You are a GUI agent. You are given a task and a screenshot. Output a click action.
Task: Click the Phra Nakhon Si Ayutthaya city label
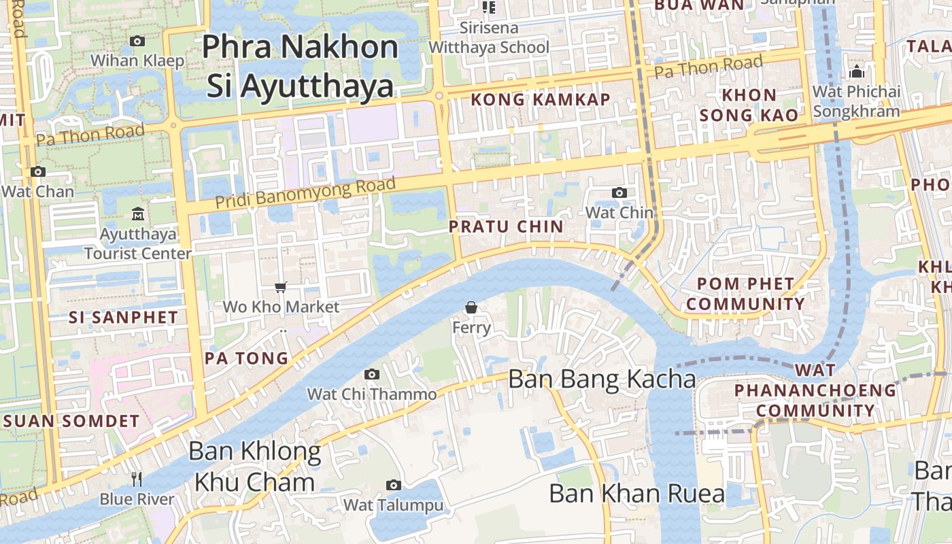tap(300, 66)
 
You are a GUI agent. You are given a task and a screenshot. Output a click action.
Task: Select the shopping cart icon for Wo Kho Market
tap(281, 288)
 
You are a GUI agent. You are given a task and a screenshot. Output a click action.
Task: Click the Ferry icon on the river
tap(471, 308)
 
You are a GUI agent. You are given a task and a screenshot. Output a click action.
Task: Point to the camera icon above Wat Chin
tap(619, 193)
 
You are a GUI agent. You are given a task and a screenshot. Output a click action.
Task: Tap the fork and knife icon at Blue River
tap(137, 479)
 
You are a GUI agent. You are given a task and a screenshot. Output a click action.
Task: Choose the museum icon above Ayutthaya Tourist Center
tap(138, 214)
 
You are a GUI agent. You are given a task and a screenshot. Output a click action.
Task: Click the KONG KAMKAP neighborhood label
tap(541, 100)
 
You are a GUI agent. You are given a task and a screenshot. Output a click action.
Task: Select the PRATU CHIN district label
tap(507, 226)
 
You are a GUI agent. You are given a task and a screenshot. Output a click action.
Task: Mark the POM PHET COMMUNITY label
tap(745, 294)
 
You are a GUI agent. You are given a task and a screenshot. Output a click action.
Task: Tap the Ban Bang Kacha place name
tap(602, 379)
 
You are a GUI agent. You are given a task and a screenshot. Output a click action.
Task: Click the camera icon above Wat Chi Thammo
tap(371, 375)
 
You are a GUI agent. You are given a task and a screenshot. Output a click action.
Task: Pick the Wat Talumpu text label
tap(393, 505)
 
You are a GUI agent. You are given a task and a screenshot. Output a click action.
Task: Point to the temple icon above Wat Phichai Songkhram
tap(857, 71)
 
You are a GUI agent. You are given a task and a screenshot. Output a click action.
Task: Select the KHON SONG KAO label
tap(749, 105)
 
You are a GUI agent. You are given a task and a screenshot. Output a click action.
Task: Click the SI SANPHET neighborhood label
tap(123, 318)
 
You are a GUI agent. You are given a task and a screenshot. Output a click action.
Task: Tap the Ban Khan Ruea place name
tap(636, 494)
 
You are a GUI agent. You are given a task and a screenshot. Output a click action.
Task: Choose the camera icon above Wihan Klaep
tap(137, 41)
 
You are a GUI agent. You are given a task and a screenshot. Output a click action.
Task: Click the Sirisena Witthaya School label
tap(489, 37)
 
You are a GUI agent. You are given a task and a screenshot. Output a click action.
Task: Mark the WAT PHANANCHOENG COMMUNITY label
tap(815, 390)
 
